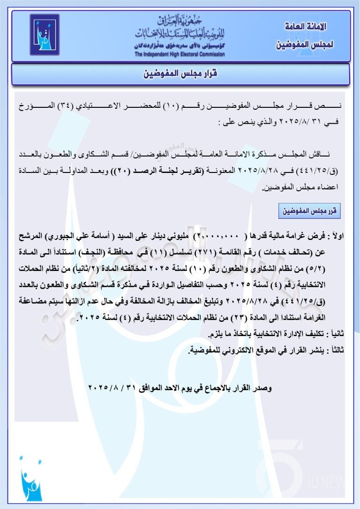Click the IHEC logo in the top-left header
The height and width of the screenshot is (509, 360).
pos(45,35)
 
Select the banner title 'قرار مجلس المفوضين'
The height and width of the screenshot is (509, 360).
pos(180,74)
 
